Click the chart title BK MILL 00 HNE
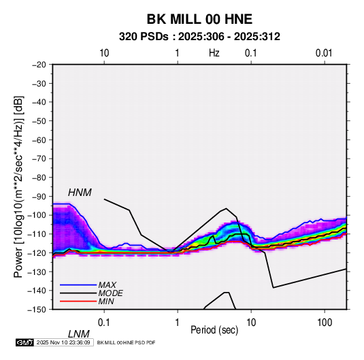199,19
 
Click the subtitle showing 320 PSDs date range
199,37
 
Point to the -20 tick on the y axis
39,65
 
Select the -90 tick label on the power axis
39,197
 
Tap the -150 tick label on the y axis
37,310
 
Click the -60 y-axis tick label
39,140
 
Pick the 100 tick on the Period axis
325,323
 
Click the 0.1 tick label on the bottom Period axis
104,323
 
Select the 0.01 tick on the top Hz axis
324,53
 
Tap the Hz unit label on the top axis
214,53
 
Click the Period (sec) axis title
214,330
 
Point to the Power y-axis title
18,186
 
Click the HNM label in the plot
80,193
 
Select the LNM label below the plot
78,334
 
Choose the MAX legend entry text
107,285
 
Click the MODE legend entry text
110,293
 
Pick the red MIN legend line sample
78,301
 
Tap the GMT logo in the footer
25,342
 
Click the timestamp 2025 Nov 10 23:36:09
63,342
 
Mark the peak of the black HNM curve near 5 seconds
226,208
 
